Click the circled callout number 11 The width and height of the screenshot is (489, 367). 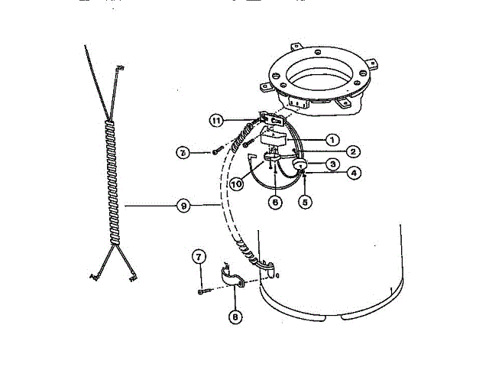216,120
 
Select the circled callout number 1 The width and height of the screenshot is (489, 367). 332,140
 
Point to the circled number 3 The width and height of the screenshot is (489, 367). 332,163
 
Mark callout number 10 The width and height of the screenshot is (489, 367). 237,183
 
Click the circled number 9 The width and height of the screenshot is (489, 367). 183,205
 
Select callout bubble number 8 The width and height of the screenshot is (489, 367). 235,315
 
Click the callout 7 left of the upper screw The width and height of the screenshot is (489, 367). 183,153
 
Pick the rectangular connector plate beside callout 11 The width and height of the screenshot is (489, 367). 272,118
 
